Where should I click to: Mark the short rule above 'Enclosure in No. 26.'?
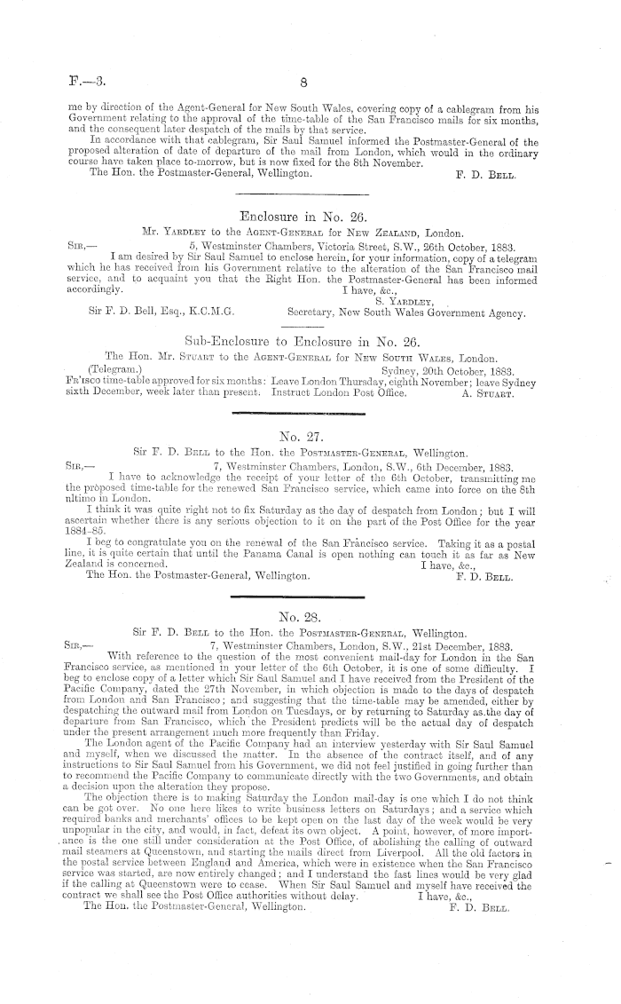coord(304,194)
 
